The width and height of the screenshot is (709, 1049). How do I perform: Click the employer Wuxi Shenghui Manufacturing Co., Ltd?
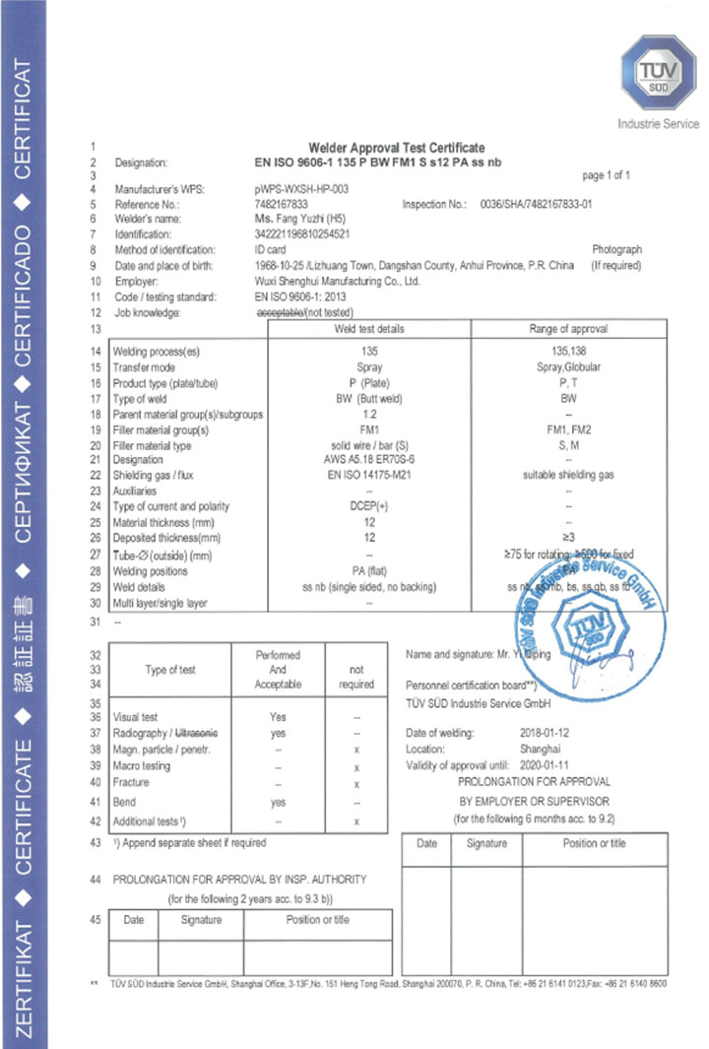coord(337,281)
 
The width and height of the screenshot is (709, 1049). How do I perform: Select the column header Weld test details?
coord(370,329)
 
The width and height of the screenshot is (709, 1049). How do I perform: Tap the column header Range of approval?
coord(568,329)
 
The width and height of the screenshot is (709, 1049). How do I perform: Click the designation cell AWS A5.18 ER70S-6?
coord(369,460)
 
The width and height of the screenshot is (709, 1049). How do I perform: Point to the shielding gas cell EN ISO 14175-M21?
coord(369,476)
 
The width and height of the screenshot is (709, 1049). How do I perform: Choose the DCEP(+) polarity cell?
coord(369,507)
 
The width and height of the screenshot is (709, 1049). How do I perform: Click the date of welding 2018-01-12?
coord(546,733)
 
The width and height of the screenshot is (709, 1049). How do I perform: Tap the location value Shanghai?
coord(540,749)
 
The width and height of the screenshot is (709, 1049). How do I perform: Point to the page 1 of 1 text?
coord(606,175)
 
